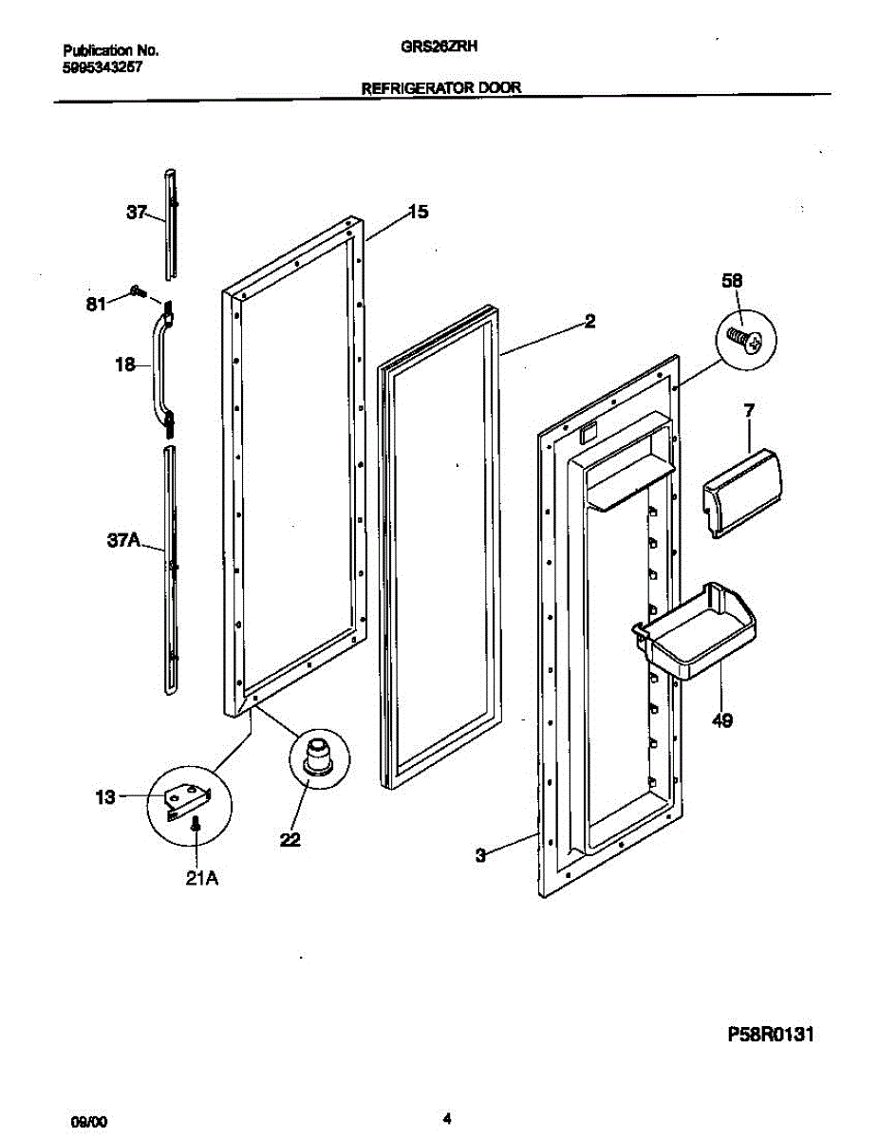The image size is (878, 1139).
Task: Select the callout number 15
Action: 418,213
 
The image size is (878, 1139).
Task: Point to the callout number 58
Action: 732,281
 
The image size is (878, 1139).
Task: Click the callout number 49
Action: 721,721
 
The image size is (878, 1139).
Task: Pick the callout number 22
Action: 290,838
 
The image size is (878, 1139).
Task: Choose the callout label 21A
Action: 200,879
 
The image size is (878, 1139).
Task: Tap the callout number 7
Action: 750,410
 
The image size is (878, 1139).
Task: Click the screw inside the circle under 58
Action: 745,339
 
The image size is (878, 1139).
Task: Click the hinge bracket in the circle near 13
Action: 187,797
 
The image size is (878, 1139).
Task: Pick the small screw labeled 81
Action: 138,292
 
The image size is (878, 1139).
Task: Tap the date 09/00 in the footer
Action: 88,1121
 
